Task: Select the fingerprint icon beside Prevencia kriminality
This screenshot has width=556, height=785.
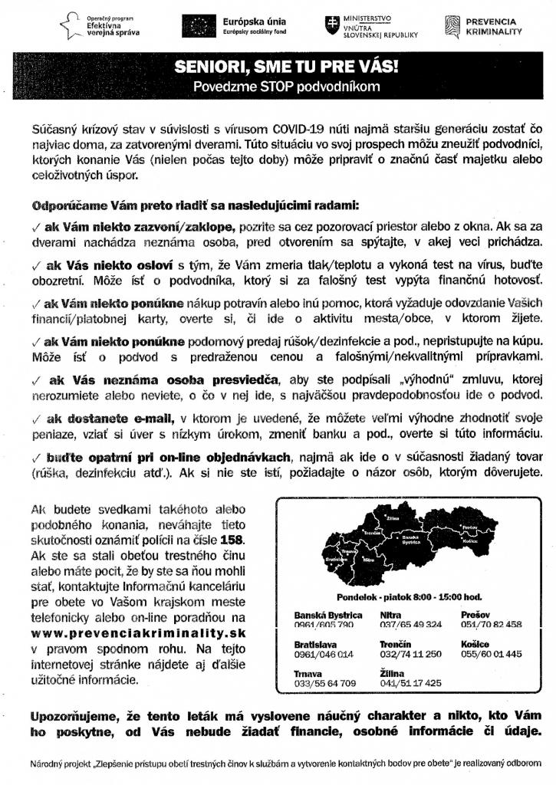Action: (x=452, y=27)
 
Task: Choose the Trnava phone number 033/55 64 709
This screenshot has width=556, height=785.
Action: (x=325, y=682)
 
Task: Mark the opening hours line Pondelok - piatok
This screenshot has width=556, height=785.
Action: (x=409, y=596)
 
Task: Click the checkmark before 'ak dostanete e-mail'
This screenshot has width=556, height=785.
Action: (x=37, y=418)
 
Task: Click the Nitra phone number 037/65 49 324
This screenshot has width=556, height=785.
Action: (x=410, y=625)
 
